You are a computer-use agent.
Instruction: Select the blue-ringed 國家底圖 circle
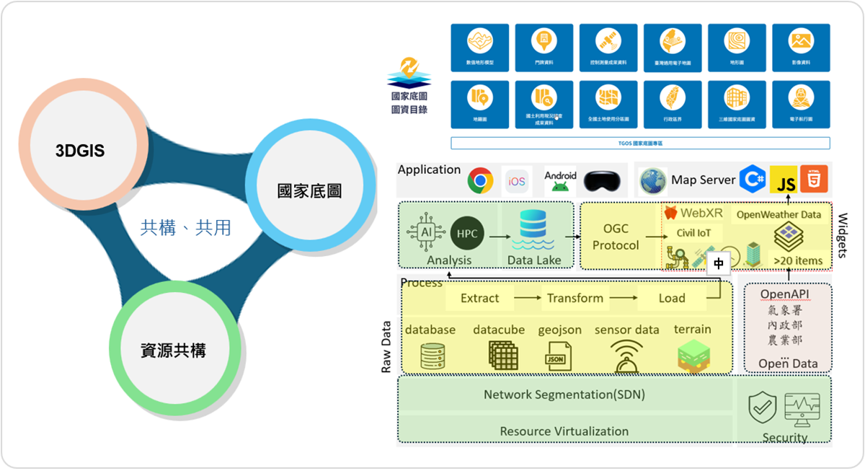pyautogui.click(x=309, y=191)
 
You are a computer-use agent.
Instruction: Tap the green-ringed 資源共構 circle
pyautogui.click(x=173, y=351)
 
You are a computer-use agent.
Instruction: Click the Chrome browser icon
pyautogui.click(x=479, y=180)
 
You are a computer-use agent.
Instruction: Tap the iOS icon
pyautogui.click(x=517, y=181)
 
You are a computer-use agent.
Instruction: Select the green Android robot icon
pyautogui.click(x=560, y=185)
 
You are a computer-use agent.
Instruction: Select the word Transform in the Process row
pyautogui.click(x=575, y=298)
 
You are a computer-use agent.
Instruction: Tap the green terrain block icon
pyautogui.click(x=694, y=356)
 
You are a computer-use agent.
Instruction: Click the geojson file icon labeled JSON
pyautogui.click(x=556, y=356)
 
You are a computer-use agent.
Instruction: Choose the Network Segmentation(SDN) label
pyautogui.click(x=564, y=395)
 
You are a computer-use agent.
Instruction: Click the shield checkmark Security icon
pyautogui.click(x=763, y=408)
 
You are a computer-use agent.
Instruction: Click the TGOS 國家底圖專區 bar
pyautogui.click(x=640, y=144)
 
